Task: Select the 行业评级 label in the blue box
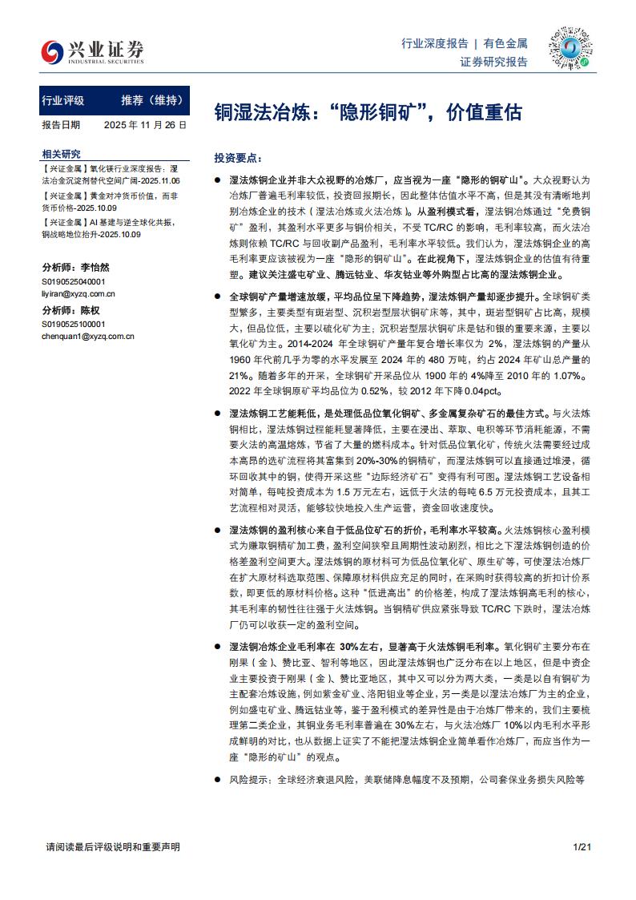point(62,101)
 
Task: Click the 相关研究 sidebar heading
point(61,154)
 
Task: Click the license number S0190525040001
point(73,283)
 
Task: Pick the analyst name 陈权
point(90,311)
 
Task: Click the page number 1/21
point(582,846)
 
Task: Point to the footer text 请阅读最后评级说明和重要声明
point(113,846)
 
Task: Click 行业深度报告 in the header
point(434,43)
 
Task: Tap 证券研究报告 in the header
point(494,62)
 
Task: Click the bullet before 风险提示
point(219,777)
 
